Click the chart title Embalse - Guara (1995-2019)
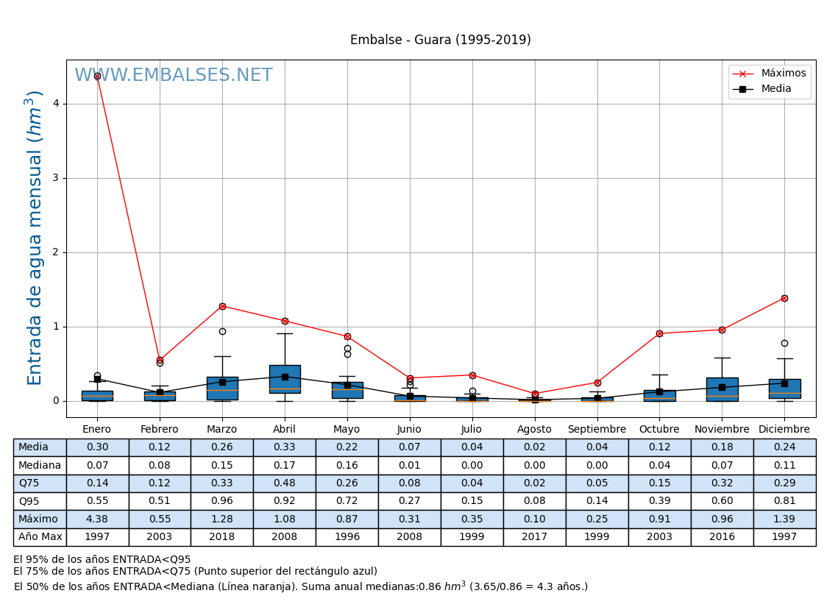pos(440,40)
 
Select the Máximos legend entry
pos(783,74)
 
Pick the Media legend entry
pos(776,89)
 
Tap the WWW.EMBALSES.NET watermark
pos(174,76)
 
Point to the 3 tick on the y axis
pos(55,178)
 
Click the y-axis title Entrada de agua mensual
pos(35,238)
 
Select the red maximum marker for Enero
pos(97,76)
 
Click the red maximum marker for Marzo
pos(222,306)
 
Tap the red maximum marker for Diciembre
pos(784,298)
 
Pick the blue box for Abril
pos(285,379)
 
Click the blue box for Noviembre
pos(722,389)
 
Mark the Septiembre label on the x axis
pos(597,430)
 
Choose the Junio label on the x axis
pos(409,430)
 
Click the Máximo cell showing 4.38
pos(97,519)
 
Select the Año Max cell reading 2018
pos(221,537)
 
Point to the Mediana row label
pos(40,466)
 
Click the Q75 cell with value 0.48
pos(284,483)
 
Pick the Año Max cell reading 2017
pos(534,537)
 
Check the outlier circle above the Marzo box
pos(222,331)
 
